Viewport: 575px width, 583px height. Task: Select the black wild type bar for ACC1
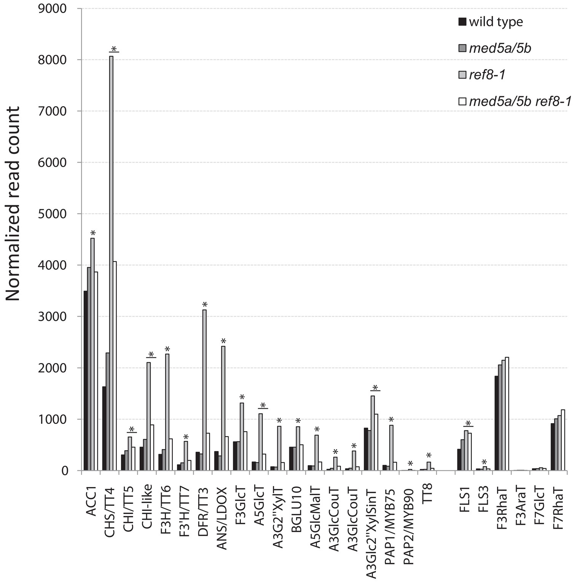pos(86,381)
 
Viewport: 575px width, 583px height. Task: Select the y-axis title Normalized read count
pos(13,204)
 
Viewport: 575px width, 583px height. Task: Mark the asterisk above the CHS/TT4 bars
pos(114,49)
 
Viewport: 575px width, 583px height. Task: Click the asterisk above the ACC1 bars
pos(93,233)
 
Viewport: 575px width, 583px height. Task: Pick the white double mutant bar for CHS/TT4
pos(115,366)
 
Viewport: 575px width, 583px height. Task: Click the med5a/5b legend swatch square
pos(462,48)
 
